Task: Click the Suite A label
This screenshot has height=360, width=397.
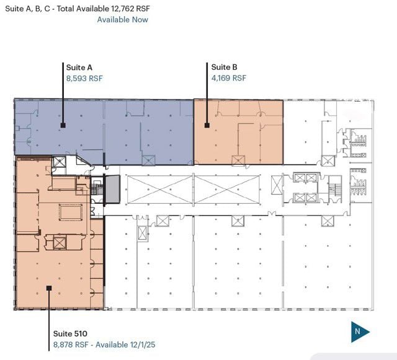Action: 79,68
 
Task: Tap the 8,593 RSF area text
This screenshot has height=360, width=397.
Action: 84,79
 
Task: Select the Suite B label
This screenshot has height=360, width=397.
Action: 224,67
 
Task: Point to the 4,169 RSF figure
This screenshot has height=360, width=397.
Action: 229,78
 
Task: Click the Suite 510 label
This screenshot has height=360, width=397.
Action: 70,334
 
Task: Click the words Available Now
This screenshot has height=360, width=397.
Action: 123,20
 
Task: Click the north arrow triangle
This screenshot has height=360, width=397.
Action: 360,332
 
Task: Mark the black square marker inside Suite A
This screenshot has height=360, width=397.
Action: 63,125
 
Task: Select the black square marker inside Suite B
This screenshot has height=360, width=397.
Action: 207,125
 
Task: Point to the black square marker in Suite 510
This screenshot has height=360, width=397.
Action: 49,288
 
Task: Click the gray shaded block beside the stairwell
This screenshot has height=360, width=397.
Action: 112,189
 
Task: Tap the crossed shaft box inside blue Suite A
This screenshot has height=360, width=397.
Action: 148,160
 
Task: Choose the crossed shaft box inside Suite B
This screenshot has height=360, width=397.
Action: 238,160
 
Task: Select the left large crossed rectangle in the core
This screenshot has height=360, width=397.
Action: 160,190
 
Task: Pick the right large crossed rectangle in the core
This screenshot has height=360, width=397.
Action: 227,190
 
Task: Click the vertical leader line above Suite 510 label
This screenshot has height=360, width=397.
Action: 49,320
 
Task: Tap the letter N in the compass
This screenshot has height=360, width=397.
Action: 357,331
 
